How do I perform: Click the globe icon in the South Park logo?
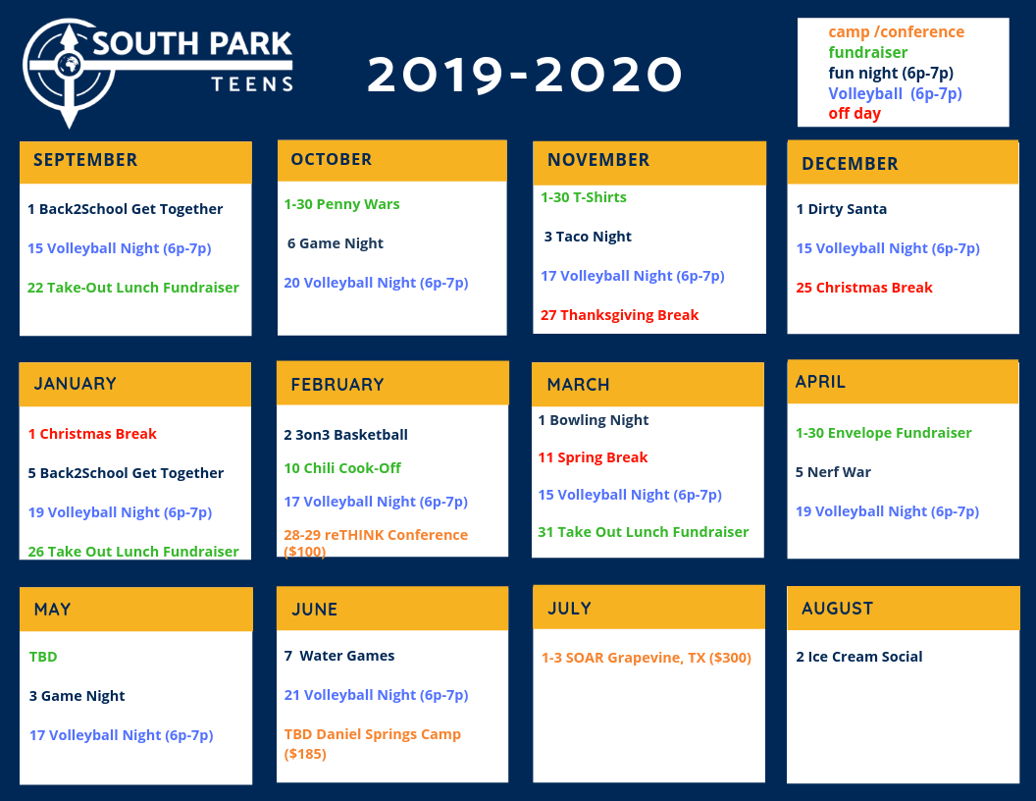point(69,65)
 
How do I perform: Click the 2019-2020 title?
point(525,75)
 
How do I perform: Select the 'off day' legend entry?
point(855,114)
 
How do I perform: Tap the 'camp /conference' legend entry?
point(896,31)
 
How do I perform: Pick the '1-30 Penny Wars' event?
point(341,204)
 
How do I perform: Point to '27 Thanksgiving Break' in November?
point(619,315)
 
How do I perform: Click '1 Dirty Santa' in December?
point(841,209)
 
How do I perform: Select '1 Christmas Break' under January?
point(92,434)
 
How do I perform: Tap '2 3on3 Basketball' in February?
point(345,435)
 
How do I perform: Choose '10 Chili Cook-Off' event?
point(342,468)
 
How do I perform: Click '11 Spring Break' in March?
point(593,457)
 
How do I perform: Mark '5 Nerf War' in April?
point(833,472)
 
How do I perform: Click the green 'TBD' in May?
point(43,657)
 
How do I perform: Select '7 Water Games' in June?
point(338,656)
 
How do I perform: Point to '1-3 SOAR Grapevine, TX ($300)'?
point(647,658)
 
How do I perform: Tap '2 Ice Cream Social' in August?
point(859,657)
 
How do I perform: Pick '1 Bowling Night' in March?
point(593,420)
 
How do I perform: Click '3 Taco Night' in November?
point(588,237)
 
